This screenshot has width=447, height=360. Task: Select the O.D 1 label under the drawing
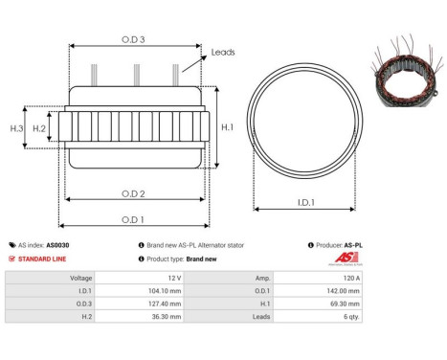(x=133, y=219)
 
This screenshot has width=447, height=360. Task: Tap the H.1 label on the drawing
(x=228, y=126)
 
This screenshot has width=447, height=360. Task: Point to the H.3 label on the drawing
(x=16, y=127)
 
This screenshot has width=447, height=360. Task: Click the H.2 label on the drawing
(x=40, y=127)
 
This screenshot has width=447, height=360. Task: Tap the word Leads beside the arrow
(x=223, y=53)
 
